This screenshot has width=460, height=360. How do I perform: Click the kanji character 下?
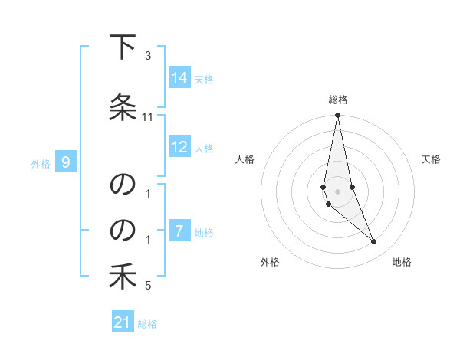click(x=123, y=48)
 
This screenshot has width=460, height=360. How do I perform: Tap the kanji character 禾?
click(x=123, y=277)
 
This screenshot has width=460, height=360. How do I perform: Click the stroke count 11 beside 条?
click(x=148, y=117)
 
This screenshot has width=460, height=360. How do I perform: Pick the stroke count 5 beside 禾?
click(x=148, y=286)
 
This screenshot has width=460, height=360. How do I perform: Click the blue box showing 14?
click(x=179, y=78)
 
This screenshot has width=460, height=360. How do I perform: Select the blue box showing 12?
click(x=179, y=148)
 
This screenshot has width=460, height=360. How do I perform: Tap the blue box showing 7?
click(x=179, y=231)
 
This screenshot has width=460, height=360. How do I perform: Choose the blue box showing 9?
click(x=67, y=162)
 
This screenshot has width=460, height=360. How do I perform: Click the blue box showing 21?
click(x=123, y=323)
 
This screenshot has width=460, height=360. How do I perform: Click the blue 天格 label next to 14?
click(x=204, y=79)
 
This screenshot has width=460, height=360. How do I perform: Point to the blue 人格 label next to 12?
click(x=204, y=149)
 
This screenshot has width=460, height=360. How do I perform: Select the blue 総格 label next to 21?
click(x=147, y=324)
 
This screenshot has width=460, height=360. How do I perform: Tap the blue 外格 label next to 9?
click(x=41, y=163)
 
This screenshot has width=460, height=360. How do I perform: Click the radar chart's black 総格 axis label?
click(x=338, y=100)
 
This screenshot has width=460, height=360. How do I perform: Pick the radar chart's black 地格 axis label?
click(x=402, y=262)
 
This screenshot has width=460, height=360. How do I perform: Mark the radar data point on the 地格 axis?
click(x=373, y=241)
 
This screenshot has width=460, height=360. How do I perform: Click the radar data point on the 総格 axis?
click(x=337, y=116)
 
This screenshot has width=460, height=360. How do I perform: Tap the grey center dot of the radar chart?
click(x=337, y=191)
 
